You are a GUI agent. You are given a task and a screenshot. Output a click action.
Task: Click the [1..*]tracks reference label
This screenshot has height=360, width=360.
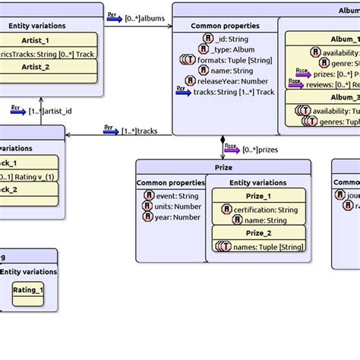(139, 131)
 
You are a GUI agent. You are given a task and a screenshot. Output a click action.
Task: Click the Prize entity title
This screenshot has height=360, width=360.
(223, 167)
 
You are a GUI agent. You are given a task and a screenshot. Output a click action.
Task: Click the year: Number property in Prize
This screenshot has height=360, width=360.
(175, 216)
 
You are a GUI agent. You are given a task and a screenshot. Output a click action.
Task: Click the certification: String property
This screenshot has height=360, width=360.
(265, 209)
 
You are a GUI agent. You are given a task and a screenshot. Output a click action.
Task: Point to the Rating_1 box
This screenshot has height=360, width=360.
(28, 290)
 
